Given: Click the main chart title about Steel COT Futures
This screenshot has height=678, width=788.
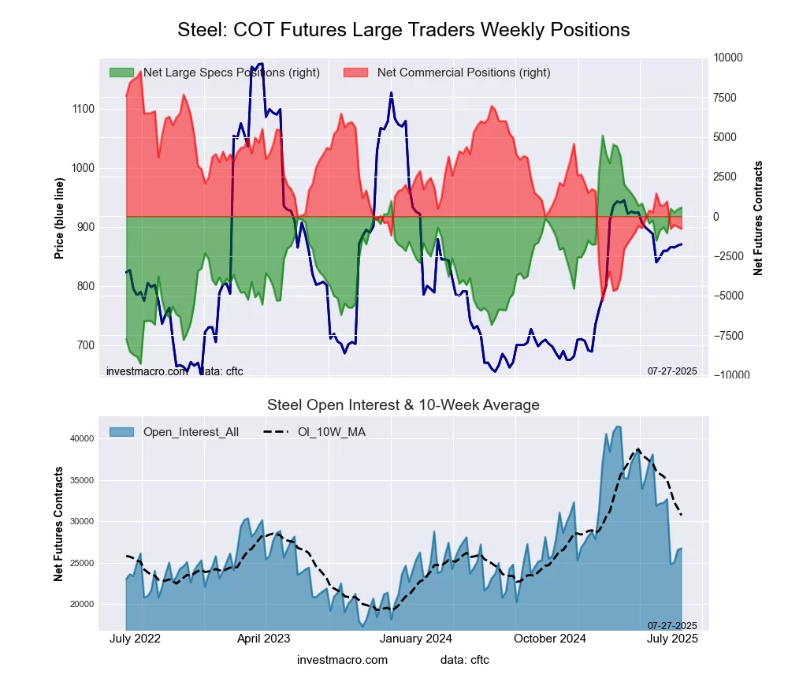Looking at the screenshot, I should click(403, 30).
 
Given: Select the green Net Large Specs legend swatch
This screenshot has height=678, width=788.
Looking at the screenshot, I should click(121, 73).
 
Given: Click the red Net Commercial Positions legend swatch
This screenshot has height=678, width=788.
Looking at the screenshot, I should click(356, 73).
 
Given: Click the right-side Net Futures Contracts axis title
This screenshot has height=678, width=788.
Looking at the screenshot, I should click(759, 218).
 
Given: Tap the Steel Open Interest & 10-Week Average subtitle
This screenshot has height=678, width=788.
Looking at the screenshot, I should click(403, 405).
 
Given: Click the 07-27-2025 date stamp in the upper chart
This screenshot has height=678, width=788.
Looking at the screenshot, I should click(672, 371).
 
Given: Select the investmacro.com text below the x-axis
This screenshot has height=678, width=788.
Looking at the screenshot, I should click(342, 659).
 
